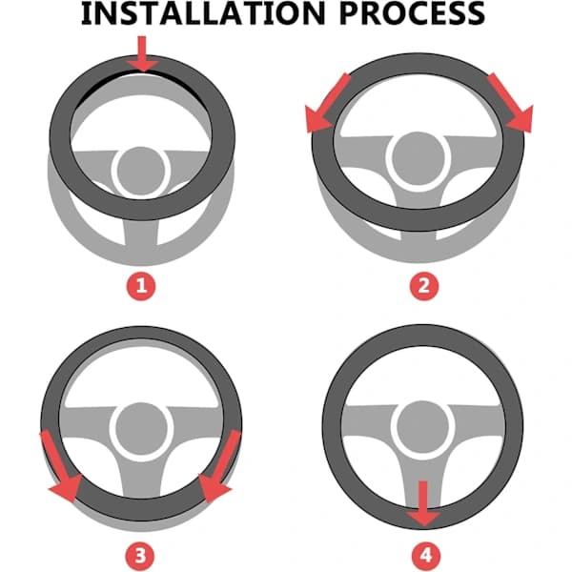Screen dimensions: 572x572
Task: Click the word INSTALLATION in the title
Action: pyautogui.click(x=202, y=13)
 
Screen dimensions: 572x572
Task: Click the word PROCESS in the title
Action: pyautogui.click(x=412, y=13)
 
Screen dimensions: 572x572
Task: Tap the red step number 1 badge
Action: pyautogui.click(x=141, y=286)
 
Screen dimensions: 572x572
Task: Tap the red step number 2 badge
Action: pyautogui.click(x=423, y=286)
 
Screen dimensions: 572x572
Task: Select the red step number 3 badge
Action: pyautogui.click(x=141, y=557)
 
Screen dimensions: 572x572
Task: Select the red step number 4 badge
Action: pyautogui.click(x=426, y=557)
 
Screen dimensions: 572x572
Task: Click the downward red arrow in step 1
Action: pyautogui.click(x=142, y=53)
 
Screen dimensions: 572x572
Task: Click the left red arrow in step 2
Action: pyautogui.click(x=326, y=103)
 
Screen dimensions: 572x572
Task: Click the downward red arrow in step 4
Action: pyautogui.click(x=423, y=503)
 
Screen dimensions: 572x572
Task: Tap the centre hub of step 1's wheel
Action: pyautogui.click(x=140, y=171)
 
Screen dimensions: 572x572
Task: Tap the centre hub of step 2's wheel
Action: pyautogui.click(x=419, y=158)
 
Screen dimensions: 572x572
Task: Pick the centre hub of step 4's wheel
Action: pyautogui.click(x=422, y=426)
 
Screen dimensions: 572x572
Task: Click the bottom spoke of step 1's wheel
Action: pyautogui.click(x=141, y=234)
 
